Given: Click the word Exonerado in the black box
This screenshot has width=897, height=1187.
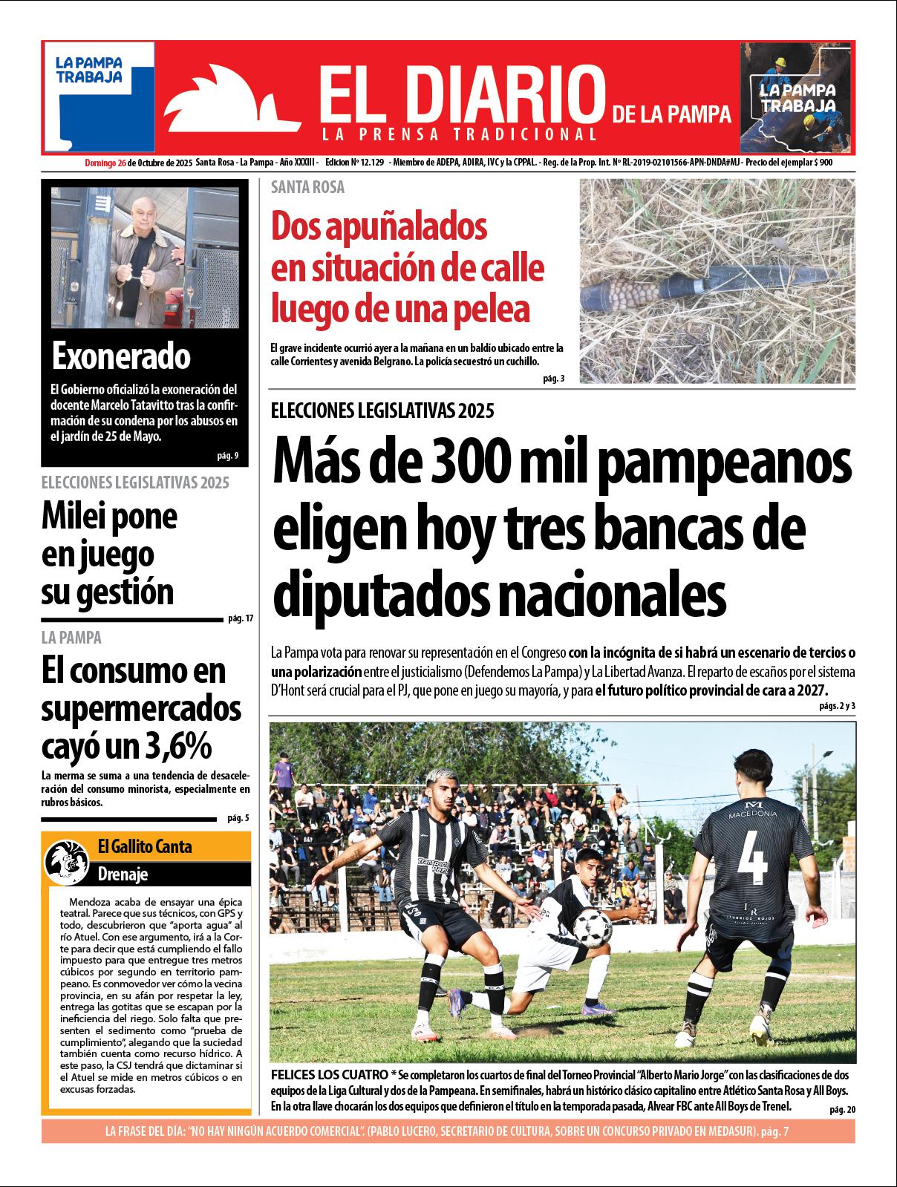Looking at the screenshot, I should tap(121, 357).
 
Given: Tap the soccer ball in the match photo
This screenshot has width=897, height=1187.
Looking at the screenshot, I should tap(593, 927).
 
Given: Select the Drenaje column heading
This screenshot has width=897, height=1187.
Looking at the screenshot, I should tap(123, 874).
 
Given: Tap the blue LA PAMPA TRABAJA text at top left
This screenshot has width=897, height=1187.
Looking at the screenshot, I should tap(89, 70).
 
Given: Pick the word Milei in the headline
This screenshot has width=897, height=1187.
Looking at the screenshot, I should tap(73, 517).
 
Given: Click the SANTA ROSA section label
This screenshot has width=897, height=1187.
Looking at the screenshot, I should tap(307, 188).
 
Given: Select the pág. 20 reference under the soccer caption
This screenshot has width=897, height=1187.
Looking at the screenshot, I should tap(842, 1109).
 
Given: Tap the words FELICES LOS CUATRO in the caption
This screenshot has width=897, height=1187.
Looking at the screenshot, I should tap(328, 1075).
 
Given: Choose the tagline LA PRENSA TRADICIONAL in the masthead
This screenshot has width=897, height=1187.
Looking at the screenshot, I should tap(460, 134).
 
